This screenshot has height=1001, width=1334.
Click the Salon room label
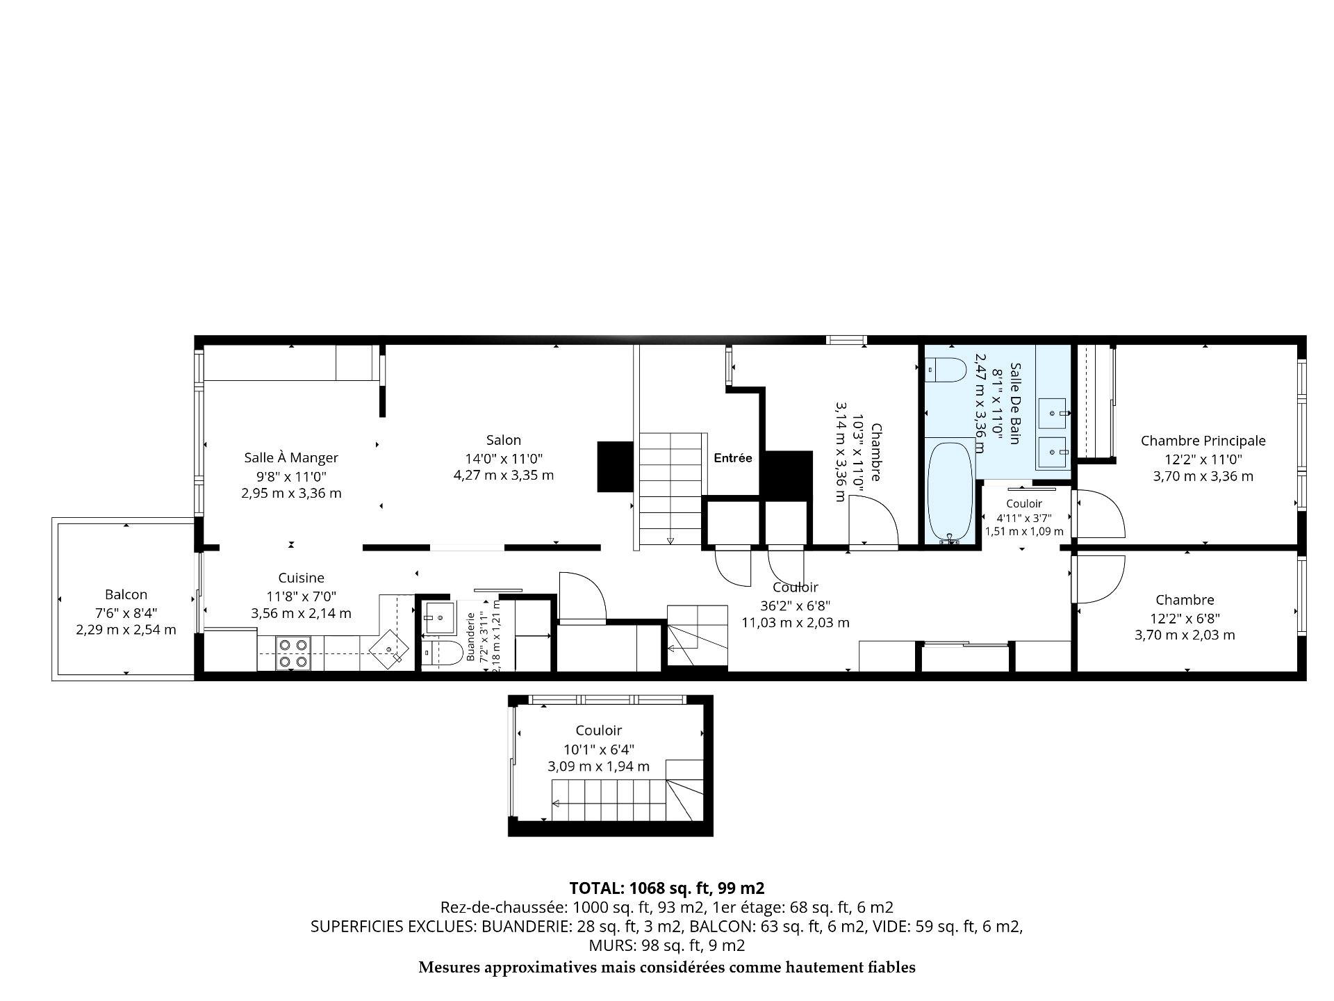pos(504,440)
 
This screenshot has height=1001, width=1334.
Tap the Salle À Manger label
pos(291,457)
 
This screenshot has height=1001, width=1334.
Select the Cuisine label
pos(301,578)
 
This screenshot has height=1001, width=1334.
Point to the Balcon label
pos(126,594)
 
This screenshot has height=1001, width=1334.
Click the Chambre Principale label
pos(1203,441)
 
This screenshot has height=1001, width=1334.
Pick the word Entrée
pos(733,458)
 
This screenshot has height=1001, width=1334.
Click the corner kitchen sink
pos(389,649)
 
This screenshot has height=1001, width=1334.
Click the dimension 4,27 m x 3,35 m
pos(504,475)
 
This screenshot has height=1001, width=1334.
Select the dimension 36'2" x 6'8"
pos(795,605)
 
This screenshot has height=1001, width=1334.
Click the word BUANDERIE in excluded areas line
pos(522,926)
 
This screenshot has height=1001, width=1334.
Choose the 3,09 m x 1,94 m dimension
pos(599,767)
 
